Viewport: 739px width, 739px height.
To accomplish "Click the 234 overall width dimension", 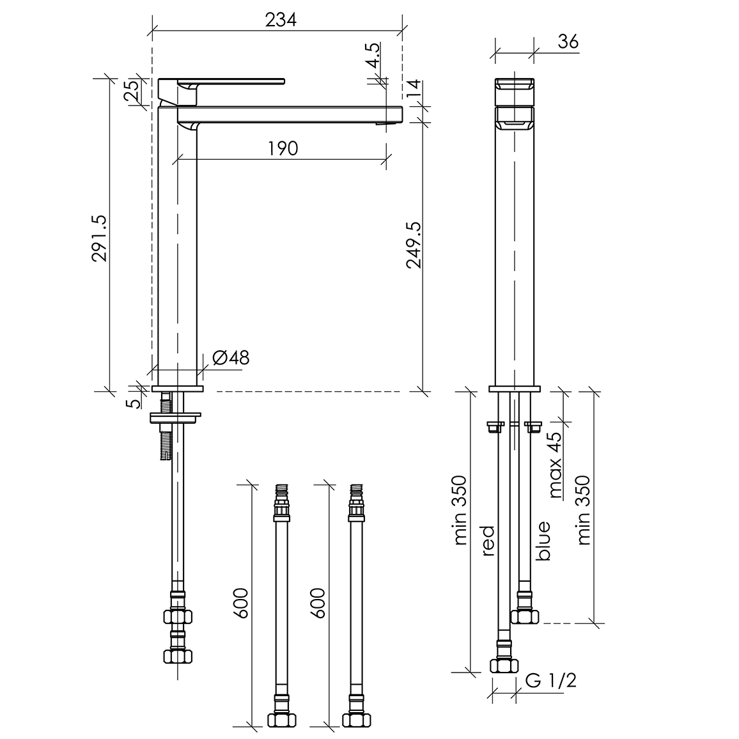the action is [281, 20].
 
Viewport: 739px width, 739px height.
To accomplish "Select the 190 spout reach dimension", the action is [283, 148].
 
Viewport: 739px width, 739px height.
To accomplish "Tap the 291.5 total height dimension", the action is [100, 238].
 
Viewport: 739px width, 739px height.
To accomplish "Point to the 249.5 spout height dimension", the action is [414, 245].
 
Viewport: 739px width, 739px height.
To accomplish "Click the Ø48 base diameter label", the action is [231, 358].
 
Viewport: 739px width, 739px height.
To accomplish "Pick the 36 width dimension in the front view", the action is [568, 42].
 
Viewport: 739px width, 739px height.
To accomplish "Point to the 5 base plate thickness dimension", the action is [134, 403].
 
